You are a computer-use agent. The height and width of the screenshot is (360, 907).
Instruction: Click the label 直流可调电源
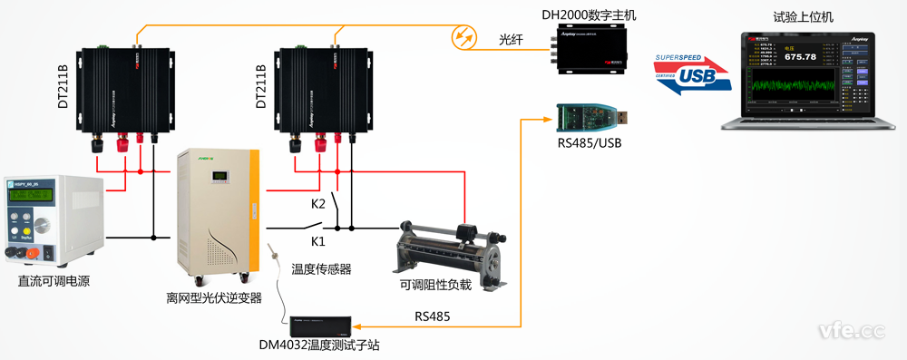54,281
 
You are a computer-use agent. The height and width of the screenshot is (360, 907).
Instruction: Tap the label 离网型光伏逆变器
213,297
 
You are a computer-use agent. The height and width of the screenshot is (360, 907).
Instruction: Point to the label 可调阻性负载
436,285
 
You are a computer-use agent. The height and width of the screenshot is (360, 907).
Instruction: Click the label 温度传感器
321,268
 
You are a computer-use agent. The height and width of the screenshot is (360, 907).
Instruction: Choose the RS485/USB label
590,142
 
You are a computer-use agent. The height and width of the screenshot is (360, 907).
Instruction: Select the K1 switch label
317,241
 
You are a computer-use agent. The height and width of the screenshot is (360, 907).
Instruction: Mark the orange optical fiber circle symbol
465,37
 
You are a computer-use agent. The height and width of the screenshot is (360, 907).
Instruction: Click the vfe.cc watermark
850,331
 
